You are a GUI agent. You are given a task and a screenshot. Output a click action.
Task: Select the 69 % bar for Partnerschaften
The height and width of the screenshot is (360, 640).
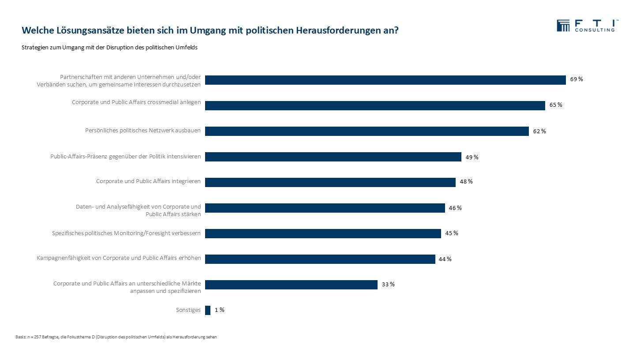[x=385, y=80]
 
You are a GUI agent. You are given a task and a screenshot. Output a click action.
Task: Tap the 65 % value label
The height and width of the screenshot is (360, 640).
[x=556, y=105]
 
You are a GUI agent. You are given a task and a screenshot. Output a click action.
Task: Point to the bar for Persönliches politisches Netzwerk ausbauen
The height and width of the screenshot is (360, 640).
[x=367, y=131]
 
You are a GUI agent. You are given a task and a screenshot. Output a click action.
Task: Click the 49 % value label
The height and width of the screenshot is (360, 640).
[x=472, y=157]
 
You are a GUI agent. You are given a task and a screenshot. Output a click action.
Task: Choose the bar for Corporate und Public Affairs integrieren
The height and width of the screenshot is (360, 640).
[x=330, y=182]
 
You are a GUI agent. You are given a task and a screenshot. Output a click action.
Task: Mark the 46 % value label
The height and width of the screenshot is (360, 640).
[x=455, y=208]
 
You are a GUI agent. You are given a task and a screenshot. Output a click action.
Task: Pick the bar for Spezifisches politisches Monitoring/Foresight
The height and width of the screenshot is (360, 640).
[x=323, y=233]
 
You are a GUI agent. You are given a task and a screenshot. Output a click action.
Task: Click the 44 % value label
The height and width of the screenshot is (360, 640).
[x=445, y=259]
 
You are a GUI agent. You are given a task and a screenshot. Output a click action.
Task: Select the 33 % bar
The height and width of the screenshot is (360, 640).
[x=291, y=285]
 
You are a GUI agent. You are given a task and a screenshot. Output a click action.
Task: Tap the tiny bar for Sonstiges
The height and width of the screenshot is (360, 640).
[x=208, y=310]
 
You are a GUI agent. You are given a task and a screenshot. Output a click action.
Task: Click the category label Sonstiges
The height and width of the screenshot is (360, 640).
[x=188, y=310]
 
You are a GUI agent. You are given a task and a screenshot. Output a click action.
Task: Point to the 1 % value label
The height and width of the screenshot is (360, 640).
[x=220, y=310]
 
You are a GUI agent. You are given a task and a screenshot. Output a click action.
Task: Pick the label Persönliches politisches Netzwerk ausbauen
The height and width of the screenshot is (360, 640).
[x=143, y=131]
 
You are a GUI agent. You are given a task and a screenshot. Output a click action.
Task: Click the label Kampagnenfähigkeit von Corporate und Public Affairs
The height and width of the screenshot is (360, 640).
[x=119, y=258]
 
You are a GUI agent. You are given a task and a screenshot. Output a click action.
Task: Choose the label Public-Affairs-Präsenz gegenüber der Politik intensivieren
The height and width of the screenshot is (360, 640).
[x=126, y=156]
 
